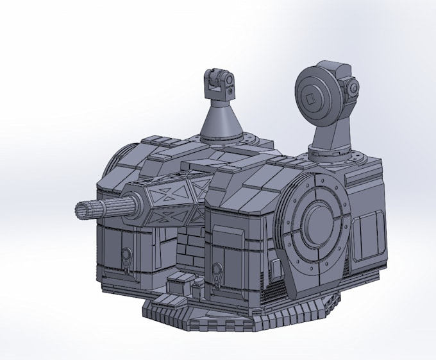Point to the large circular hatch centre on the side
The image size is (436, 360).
pos(317,221)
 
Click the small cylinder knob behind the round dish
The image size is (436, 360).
pos(352,89)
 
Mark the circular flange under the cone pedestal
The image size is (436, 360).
pos(221,139)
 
